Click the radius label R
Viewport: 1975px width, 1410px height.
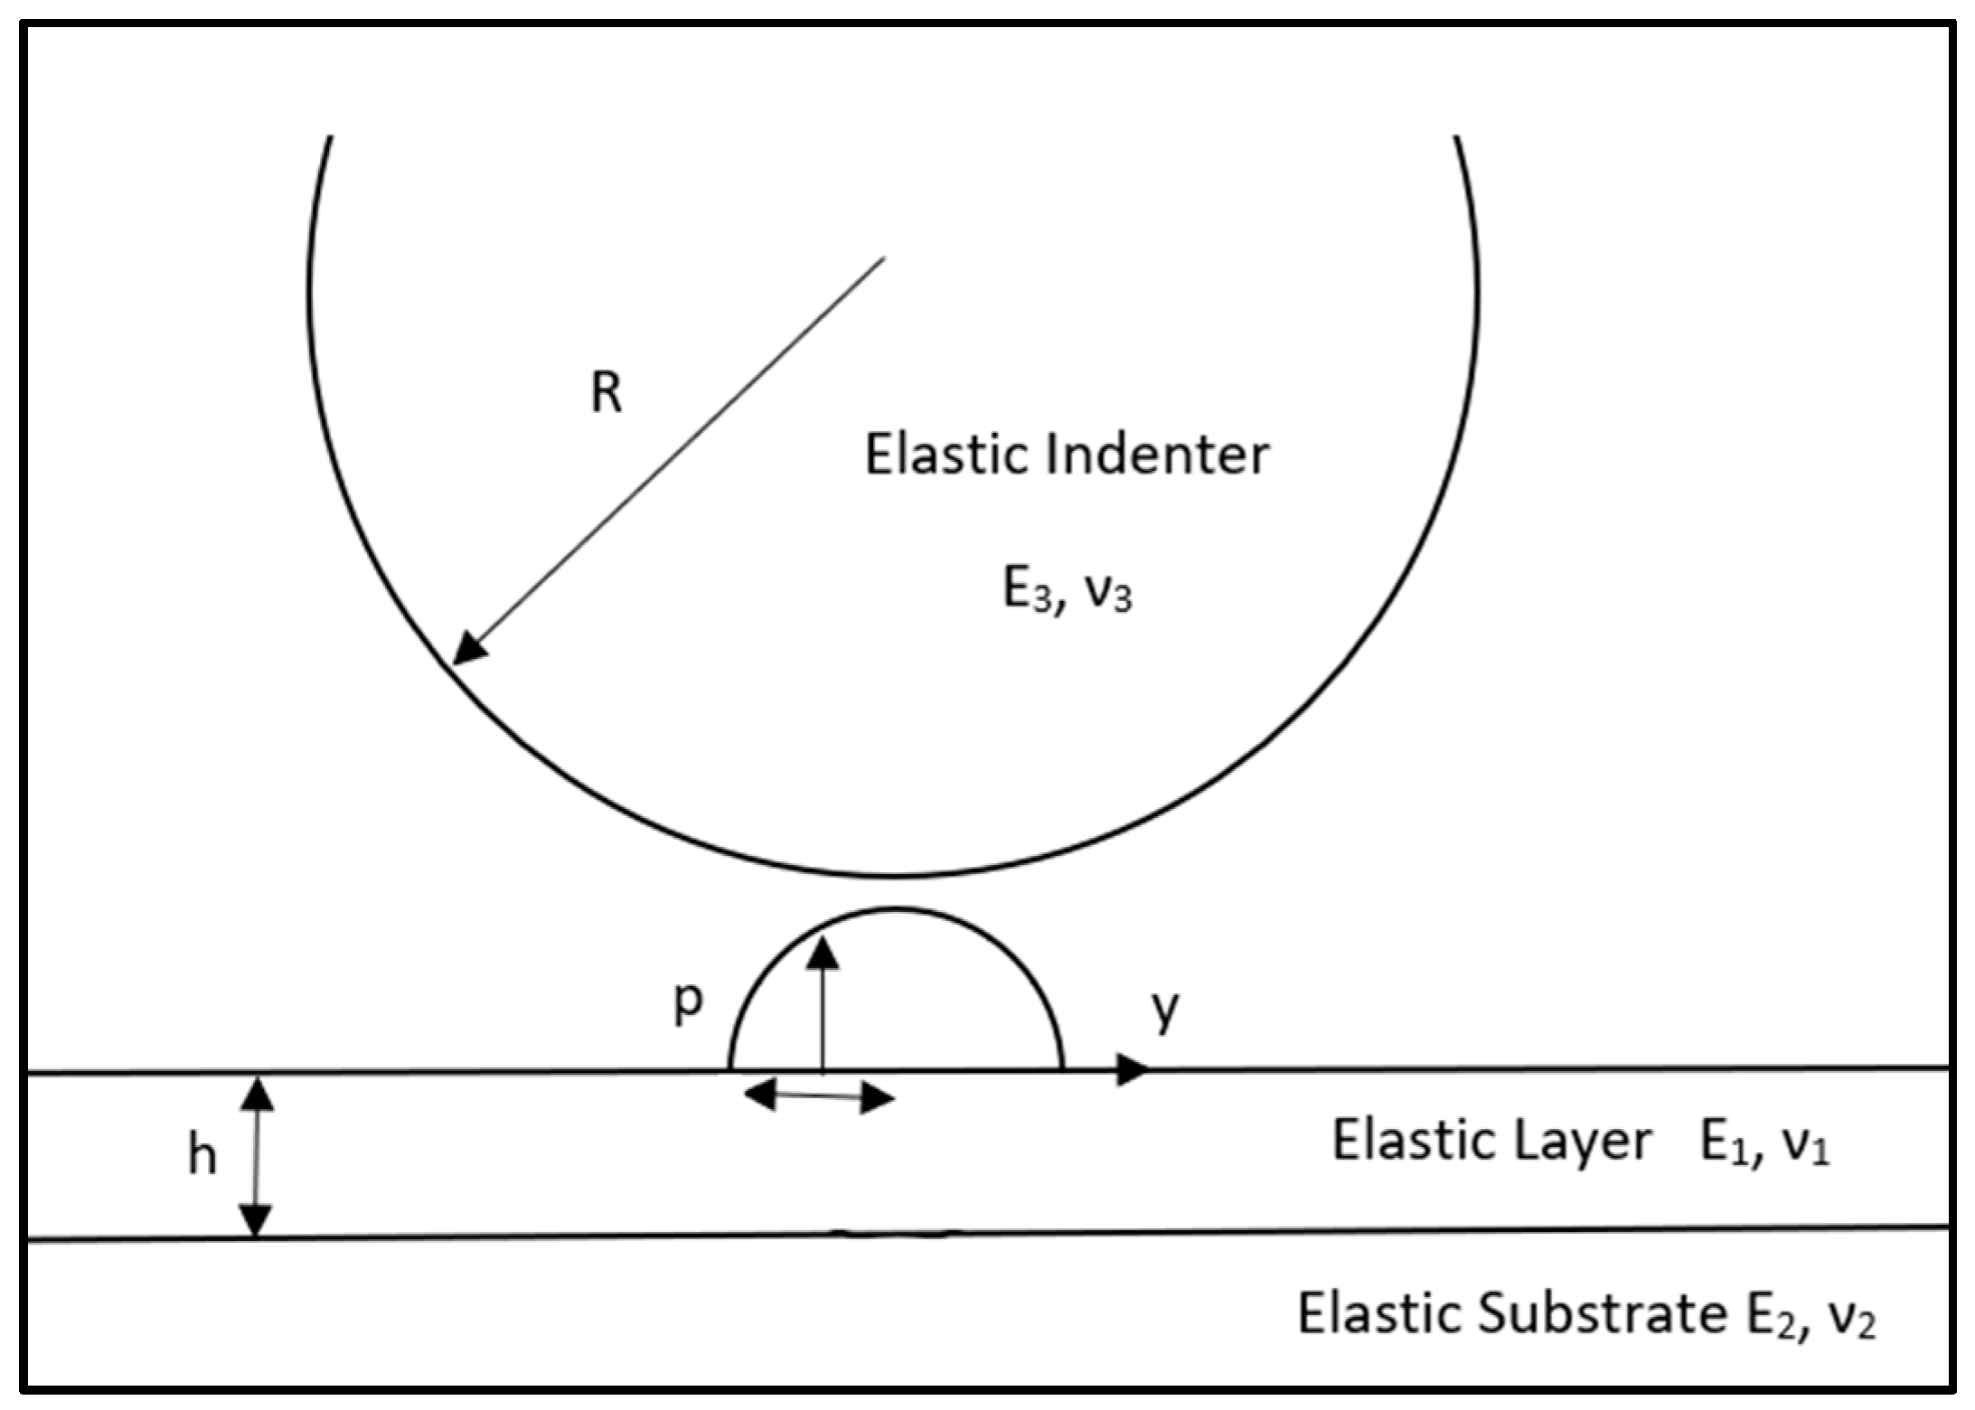pos(607,394)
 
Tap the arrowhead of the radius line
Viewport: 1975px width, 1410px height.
pos(468,649)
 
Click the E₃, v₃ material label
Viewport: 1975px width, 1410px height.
pos(1067,592)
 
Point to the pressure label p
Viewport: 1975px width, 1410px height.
pos(688,1001)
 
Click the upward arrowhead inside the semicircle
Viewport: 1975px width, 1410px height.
pos(823,954)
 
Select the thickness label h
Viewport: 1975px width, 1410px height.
pos(202,1156)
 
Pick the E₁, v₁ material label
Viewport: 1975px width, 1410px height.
pos(1764,1144)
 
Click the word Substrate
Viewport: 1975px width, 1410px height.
pos(1603,1314)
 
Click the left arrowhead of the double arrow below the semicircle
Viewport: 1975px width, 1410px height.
pos(759,1095)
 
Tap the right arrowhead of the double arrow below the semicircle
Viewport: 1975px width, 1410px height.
pos(877,1099)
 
